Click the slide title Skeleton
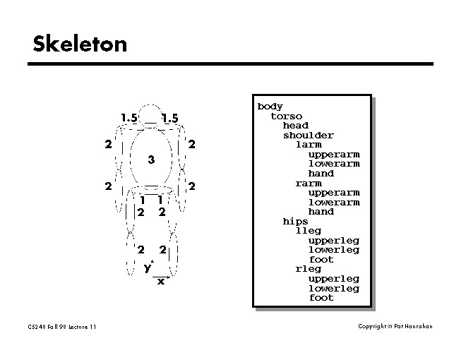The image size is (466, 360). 80,44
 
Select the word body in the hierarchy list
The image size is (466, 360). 270,107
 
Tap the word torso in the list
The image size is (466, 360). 286,116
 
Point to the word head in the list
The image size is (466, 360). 296,126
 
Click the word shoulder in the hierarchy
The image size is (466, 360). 309,136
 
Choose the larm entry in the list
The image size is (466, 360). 309,145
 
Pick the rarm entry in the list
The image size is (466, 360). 309,184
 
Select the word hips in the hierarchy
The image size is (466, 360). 296,221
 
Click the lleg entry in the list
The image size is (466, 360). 309,231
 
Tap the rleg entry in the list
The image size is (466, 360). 309,269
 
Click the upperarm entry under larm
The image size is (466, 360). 334,155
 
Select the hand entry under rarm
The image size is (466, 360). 321,212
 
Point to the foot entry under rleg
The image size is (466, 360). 321,298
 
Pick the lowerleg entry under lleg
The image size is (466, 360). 334,250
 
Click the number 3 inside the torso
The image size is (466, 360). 151,160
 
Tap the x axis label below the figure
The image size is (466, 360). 161,281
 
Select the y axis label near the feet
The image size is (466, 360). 147,268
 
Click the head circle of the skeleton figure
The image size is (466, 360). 150,115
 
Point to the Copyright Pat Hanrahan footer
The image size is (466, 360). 395,326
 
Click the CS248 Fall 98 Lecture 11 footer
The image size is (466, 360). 61,326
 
